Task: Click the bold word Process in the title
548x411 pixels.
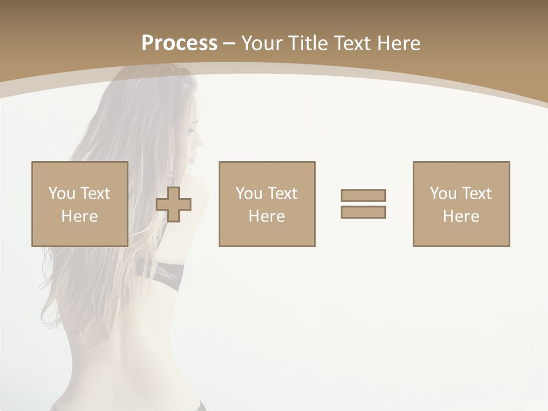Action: [x=179, y=43]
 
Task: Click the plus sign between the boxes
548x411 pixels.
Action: [x=174, y=204]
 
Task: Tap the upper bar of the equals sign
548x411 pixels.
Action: [x=363, y=195]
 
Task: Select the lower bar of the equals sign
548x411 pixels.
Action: [x=363, y=212]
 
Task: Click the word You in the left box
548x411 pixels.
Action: [x=62, y=193]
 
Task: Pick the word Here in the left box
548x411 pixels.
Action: [x=79, y=216]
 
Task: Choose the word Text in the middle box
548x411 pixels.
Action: [x=282, y=193]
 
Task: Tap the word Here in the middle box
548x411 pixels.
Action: [x=267, y=216]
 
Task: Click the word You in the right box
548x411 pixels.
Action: [x=443, y=193]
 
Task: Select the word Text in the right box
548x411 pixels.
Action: [x=476, y=193]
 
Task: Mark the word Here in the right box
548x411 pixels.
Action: [x=461, y=216]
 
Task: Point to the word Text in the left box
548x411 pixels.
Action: [x=95, y=193]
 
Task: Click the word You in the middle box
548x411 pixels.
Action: [x=249, y=193]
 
